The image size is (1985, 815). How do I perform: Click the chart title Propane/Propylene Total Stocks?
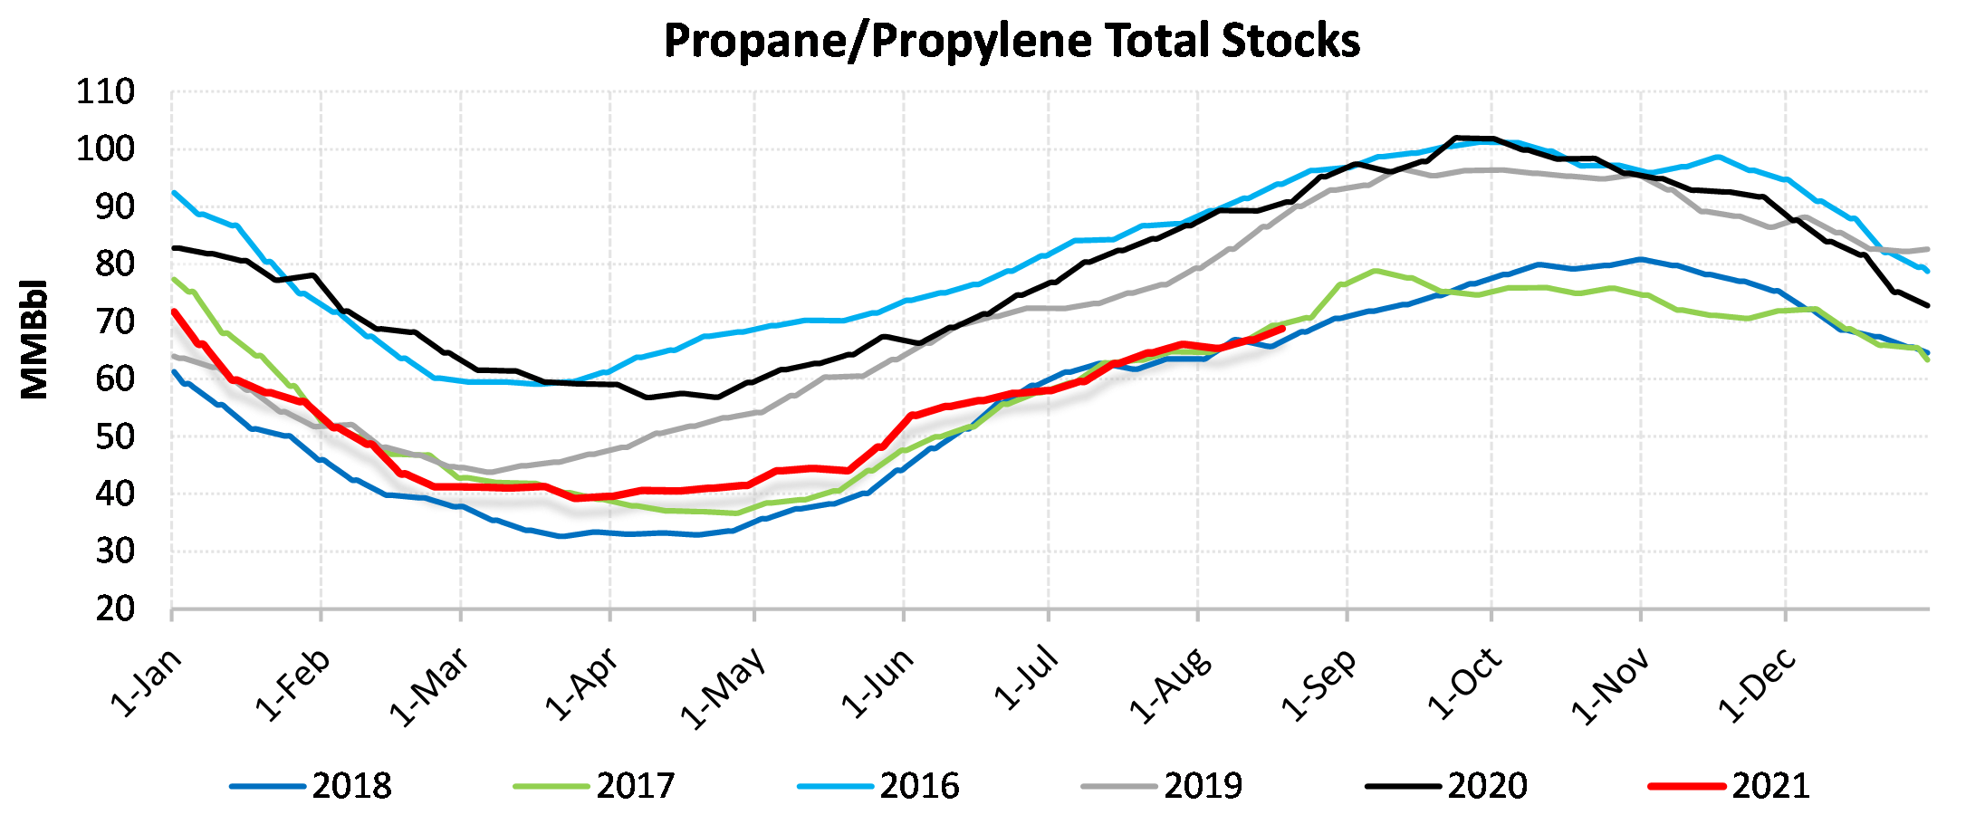click(1012, 41)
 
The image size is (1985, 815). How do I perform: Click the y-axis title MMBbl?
click(34, 340)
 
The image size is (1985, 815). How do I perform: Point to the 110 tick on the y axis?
click(105, 91)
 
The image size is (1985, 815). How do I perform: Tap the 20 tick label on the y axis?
click(115, 609)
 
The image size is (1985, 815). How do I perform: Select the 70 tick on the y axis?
click(115, 321)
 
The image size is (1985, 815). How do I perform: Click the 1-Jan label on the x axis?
click(146, 683)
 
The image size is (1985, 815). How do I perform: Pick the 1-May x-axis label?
click(723, 688)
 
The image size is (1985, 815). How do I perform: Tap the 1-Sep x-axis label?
click(1319, 685)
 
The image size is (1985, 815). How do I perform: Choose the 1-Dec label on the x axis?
click(1757, 685)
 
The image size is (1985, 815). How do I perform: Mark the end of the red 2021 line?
click(1282, 329)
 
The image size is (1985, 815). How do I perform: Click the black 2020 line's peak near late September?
click(1456, 138)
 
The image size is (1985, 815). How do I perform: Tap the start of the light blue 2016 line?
click(173, 192)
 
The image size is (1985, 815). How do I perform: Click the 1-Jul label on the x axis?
click(1027, 679)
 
